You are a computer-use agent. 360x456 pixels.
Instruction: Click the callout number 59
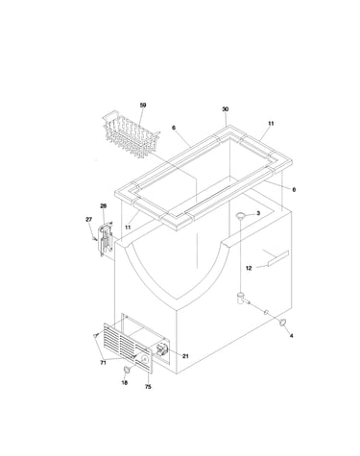pyautogui.click(x=143, y=105)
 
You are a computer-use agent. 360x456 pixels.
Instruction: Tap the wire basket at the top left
pyautogui.click(x=132, y=133)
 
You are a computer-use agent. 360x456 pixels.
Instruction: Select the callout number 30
pyautogui.click(x=226, y=109)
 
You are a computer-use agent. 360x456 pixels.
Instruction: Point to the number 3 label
pyautogui.click(x=258, y=213)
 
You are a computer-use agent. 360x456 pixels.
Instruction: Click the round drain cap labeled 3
pyautogui.click(x=241, y=215)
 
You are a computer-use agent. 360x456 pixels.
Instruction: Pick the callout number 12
pyautogui.click(x=249, y=268)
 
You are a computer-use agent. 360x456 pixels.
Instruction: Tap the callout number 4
pyautogui.click(x=291, y=335)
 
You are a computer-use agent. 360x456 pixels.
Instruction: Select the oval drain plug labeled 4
pyautogui.click(x=282, y=323)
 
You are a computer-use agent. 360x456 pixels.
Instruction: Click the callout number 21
pyautogui.click(x=185, y=356)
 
